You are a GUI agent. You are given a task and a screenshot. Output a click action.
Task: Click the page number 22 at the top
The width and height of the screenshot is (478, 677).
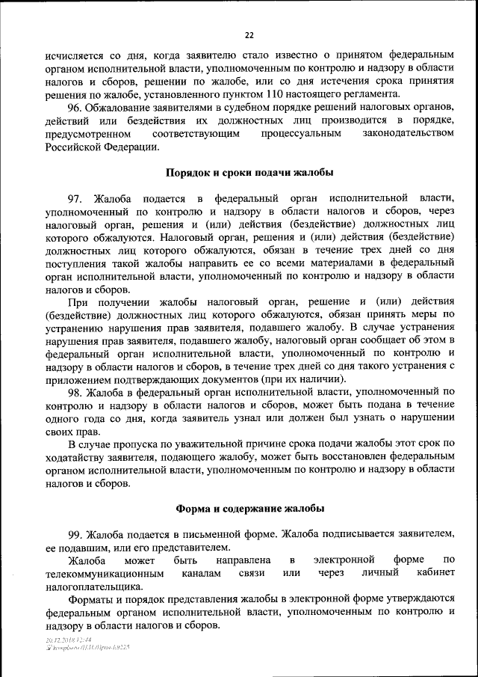pyautogui.click(x=249, y=34)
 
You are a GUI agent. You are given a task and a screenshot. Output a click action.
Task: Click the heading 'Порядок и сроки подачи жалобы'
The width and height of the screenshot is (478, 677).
pyautogui.click(x=249, y=172)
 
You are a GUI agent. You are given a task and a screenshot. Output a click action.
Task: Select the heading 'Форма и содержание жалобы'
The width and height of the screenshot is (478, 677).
pyautogui.click(x=249, y=508)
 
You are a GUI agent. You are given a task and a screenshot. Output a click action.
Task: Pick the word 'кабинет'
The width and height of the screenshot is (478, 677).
pyautogui.click(x=435, y=574)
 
